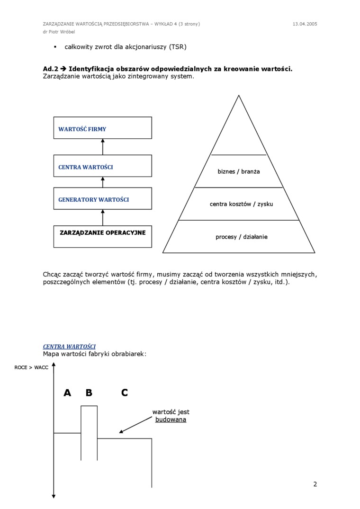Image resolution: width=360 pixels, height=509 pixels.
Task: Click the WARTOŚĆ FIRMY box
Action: click(102, 128)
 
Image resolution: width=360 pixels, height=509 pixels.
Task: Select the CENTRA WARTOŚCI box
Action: click(102, 166)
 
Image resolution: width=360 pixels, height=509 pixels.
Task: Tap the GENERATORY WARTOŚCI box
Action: click(102, 199)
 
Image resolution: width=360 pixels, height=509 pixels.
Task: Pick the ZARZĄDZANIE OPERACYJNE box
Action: click(102, 236)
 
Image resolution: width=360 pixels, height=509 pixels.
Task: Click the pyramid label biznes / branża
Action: click(239, 171)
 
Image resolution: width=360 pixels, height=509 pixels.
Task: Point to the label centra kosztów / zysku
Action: click(241, 204)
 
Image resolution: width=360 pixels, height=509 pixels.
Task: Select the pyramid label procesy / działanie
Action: click(241, 237)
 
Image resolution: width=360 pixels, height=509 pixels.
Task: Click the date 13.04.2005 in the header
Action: click(305, 24)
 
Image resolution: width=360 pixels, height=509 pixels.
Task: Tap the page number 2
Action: click(315, 484)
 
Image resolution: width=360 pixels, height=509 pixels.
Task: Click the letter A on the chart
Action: click(67, 393)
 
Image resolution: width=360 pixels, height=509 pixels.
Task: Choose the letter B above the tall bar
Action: click(89, 393)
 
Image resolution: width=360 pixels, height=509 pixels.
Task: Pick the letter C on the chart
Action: click(124, 393)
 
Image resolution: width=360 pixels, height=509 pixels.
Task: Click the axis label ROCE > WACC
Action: click(31, 367)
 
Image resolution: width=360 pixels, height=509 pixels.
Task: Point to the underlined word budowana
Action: click(171, 420)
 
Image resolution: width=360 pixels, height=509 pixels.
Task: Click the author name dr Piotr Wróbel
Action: click(59, 32)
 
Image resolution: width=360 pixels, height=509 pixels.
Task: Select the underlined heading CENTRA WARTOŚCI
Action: click(69, 347)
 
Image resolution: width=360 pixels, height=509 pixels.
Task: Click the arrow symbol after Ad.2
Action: click(62, 69)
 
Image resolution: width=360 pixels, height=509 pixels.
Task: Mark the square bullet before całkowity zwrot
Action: click(55, 47)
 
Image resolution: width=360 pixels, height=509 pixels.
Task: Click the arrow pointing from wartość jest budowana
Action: click(135, 425)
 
